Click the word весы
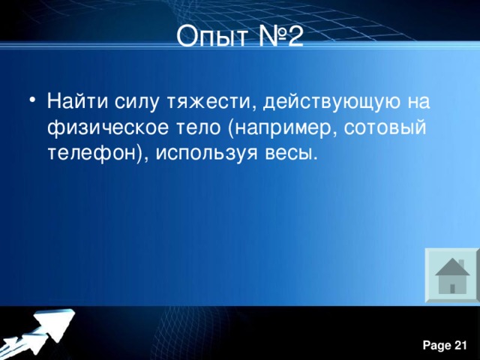click(287, 153)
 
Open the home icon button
click(452, 276)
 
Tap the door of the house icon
click(452, 288)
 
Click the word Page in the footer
click(434, 344)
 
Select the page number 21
click(460, 344)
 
